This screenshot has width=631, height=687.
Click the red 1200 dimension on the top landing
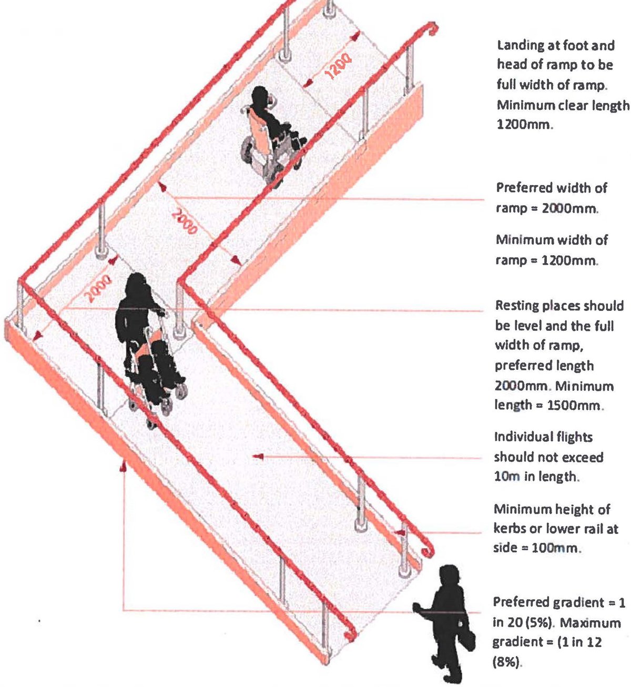click(x=337, y=67)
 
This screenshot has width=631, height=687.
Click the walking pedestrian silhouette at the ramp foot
click(x=444, y=621)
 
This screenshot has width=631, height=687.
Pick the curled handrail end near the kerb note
click(x=428, y=550)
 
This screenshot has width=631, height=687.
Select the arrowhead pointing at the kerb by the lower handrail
click(x=401, y=532)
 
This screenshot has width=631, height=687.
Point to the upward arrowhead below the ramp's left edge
click(x=124, y=465)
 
